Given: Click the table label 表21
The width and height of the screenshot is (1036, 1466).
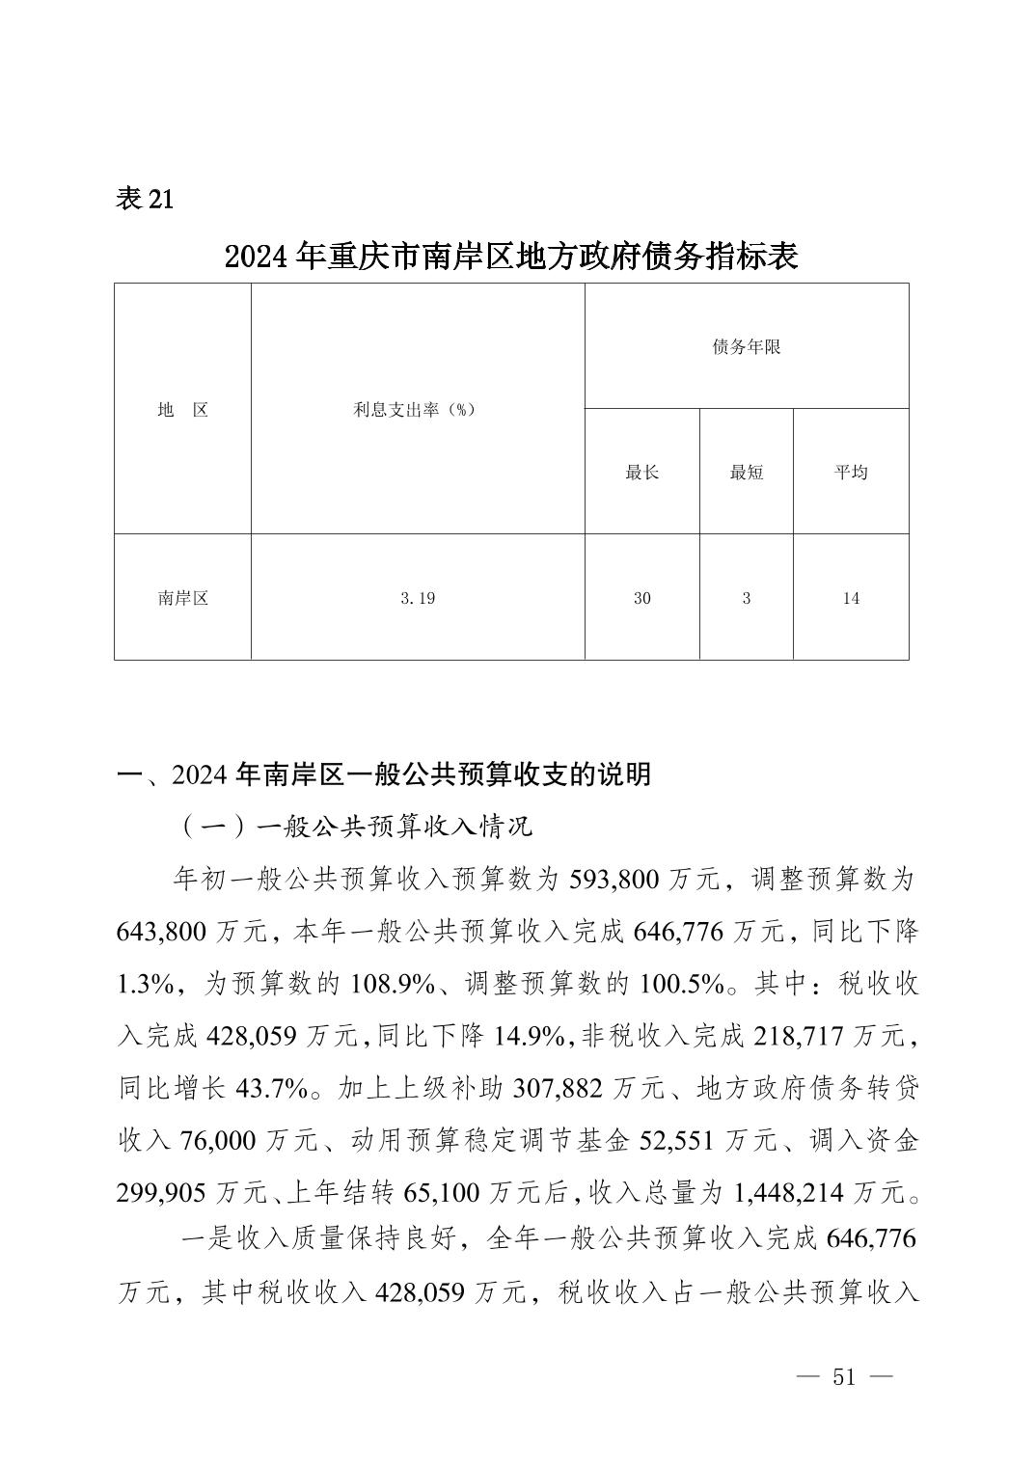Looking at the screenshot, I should (x=145, y=199).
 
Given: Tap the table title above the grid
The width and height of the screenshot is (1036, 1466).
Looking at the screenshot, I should (x=511, y=257).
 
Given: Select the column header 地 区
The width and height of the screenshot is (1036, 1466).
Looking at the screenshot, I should (x=183, y=410).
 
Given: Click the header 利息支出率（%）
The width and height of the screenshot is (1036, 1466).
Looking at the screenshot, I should (x=417, y=410).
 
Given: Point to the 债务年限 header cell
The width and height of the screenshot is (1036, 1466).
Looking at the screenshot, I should (x=746, y=347).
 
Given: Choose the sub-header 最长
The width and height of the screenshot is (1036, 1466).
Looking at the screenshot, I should (x=641, y=473).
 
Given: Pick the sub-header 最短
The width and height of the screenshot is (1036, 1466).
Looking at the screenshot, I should (x=746, y=473).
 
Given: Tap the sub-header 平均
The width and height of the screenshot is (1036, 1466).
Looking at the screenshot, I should (x=850, y=473).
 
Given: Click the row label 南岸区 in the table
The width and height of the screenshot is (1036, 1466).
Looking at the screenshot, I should (x=183, y=598).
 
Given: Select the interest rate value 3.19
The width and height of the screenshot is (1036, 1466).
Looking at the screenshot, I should (x=417, y=598).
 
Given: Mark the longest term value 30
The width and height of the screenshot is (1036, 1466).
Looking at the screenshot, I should (x=641, y=598).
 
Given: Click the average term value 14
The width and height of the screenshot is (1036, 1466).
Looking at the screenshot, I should (x=850, y=598).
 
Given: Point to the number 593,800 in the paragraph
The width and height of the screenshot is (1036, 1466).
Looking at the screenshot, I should (x=615, y=880).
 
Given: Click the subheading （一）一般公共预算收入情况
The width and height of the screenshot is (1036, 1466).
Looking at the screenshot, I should (x=355, y=827).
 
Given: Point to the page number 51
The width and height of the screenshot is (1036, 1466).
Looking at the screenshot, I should (x=844, y=1376).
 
